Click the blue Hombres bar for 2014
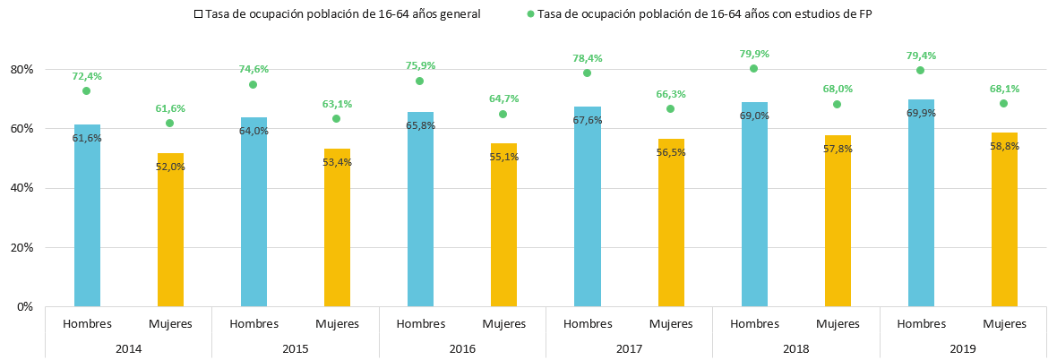(x=87, y=216)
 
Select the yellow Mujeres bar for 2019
(x=1004, y=219)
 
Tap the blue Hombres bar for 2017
(x=587, y=206)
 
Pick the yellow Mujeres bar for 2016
(x=503, y=225)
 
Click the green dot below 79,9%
(x=753, y=68)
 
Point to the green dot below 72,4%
(x=86, y=90)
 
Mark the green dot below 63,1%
(x=337, y=118)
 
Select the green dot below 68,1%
(x=1004, y=103)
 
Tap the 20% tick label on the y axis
(x=25, y=247)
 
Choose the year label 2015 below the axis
(x=296, y=348)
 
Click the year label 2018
(x=796, y=348)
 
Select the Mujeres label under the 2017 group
(x=672, y=323)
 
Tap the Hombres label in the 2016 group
(x=421, y=323)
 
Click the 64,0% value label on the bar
(x=254, y=131)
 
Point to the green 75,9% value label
(x=421, y=66)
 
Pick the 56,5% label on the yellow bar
(x=671, y=152)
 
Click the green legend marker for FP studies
(x=530, y=14)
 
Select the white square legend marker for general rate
(x=198, y=14)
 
